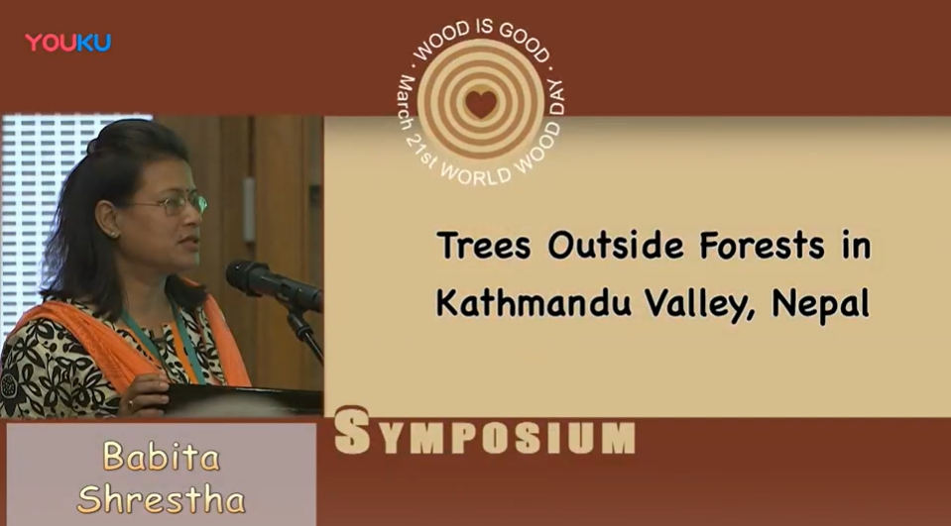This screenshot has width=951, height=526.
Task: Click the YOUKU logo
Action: point(67,43)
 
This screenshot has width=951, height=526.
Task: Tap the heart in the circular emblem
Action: point(481,104)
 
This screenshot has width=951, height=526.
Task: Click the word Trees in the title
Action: point(483,246)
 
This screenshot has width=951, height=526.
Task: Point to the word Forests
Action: point(762,246)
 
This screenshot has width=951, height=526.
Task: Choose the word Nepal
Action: point(821,304)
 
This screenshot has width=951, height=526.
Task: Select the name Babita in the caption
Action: point(161,456)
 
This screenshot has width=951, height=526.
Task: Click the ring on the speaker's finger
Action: point(130,402)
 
